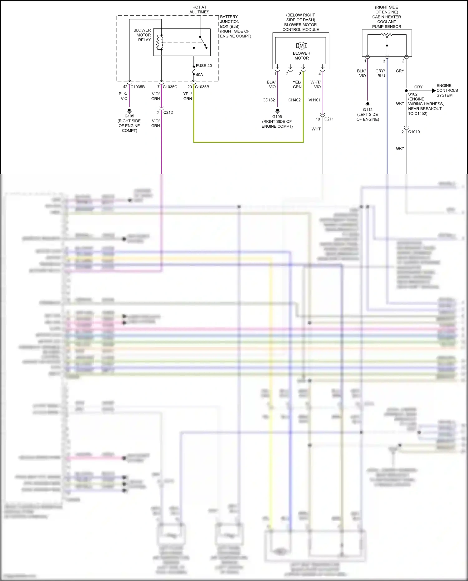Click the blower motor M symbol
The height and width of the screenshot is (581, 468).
click(301, 46)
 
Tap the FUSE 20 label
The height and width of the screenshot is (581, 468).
click(204, 66)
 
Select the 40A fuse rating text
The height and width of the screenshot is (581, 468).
click(199, 75)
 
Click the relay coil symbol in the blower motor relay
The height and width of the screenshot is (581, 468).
click(160, 42)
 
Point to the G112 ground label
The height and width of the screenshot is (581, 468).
click(368, 110)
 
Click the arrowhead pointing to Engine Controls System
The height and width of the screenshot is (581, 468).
click(434, 91)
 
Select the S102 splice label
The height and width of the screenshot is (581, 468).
click(413, 94)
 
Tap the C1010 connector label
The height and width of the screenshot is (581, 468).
click(414, 132)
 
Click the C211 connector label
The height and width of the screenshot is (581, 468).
click(329, 119)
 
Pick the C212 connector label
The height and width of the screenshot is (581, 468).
click(168, 112)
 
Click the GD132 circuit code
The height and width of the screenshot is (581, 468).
click(269, 100)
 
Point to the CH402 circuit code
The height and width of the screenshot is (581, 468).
click(295, 100)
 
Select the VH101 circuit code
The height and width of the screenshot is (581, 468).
click(314, 100)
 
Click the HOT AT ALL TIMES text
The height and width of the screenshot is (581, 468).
click(199, 9)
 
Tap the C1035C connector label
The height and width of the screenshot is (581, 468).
click(170, 87)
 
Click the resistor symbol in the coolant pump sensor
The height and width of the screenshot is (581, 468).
click(387, 35)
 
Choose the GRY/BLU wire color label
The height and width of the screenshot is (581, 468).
click(380, 73)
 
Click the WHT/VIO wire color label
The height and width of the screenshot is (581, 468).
click(316, 85)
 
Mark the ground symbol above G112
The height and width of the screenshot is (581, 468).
click(368, 104)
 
